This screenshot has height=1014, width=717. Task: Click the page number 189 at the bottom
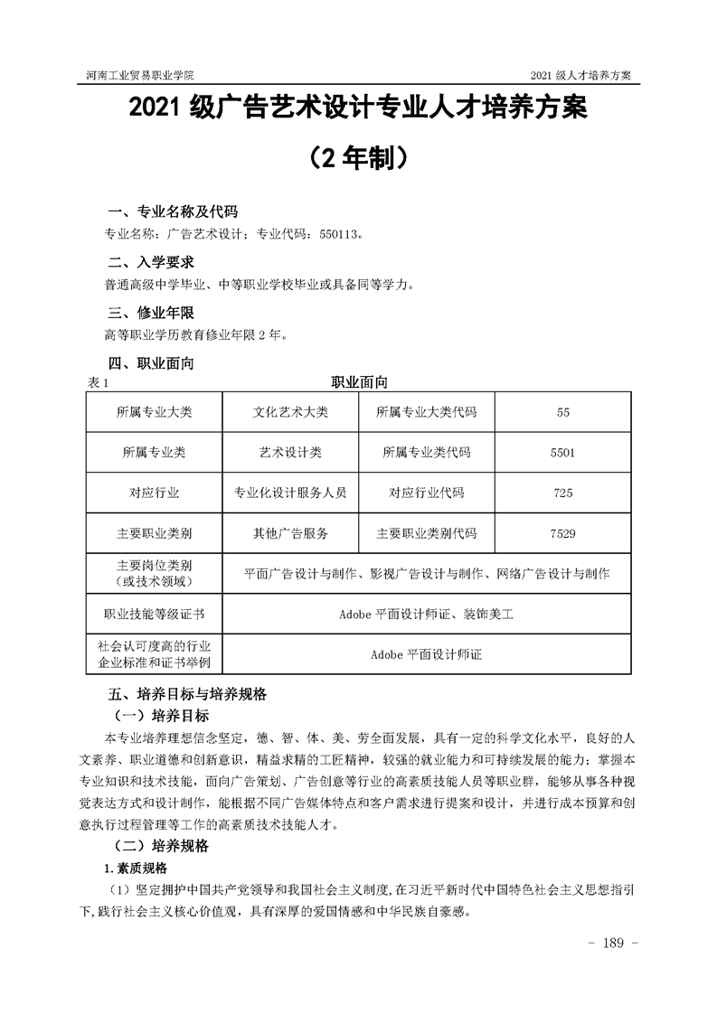click(614, 944)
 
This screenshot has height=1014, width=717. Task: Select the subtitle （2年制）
click(357, 159)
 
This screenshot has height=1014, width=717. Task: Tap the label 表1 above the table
click(99, 383)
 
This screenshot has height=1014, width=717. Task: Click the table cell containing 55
click(563, 412)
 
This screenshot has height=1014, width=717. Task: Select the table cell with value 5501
click(562, 453)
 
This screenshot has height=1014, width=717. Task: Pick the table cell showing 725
click(562, 493)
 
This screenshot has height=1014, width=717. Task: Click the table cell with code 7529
click(562, 533)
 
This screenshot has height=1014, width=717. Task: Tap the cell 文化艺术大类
click(290, 412)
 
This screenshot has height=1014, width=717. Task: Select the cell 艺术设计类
click(290, 453)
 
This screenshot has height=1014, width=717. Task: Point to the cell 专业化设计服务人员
click(290, 493)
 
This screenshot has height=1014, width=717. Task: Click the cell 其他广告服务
click(290, 533)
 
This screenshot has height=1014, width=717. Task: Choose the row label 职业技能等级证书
click(155, 615)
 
